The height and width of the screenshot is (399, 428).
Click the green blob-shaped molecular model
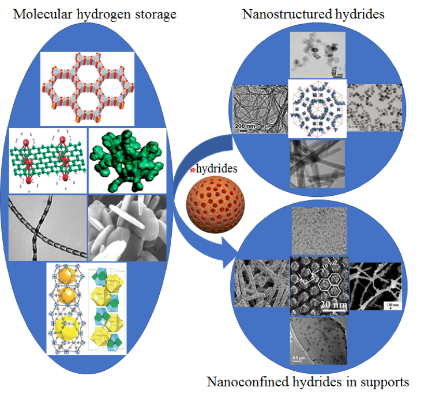tap(127, 160)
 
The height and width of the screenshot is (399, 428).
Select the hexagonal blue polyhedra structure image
tap(318, 109)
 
